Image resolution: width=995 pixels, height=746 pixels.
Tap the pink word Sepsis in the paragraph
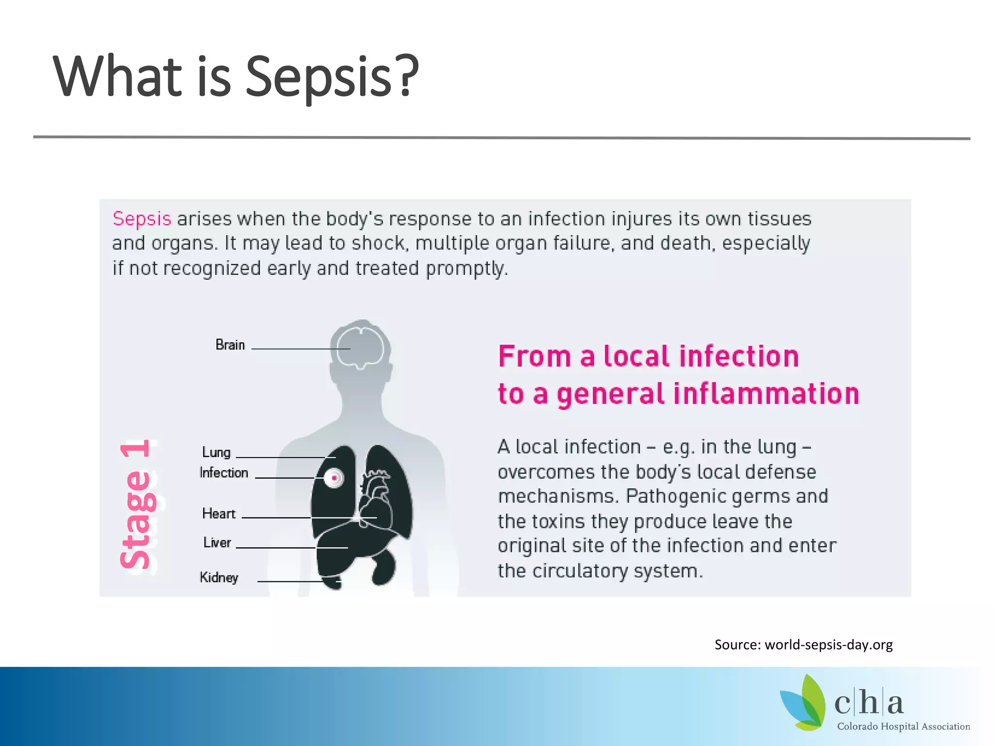(142, 219)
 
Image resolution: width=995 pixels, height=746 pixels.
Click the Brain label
(230, 345)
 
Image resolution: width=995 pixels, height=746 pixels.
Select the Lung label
(216, 452)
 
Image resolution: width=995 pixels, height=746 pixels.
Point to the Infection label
(224, 473)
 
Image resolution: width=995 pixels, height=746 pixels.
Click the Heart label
(219, 513)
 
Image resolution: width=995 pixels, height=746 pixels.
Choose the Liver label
(217, 543)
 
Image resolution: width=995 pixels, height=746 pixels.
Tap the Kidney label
(219, 577)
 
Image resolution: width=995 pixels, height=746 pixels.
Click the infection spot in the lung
(334, 478)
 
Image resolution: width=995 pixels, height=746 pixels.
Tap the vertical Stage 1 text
(137, 505)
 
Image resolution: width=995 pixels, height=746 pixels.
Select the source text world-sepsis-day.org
(828, 644)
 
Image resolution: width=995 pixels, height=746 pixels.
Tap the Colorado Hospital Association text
(903, 727)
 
